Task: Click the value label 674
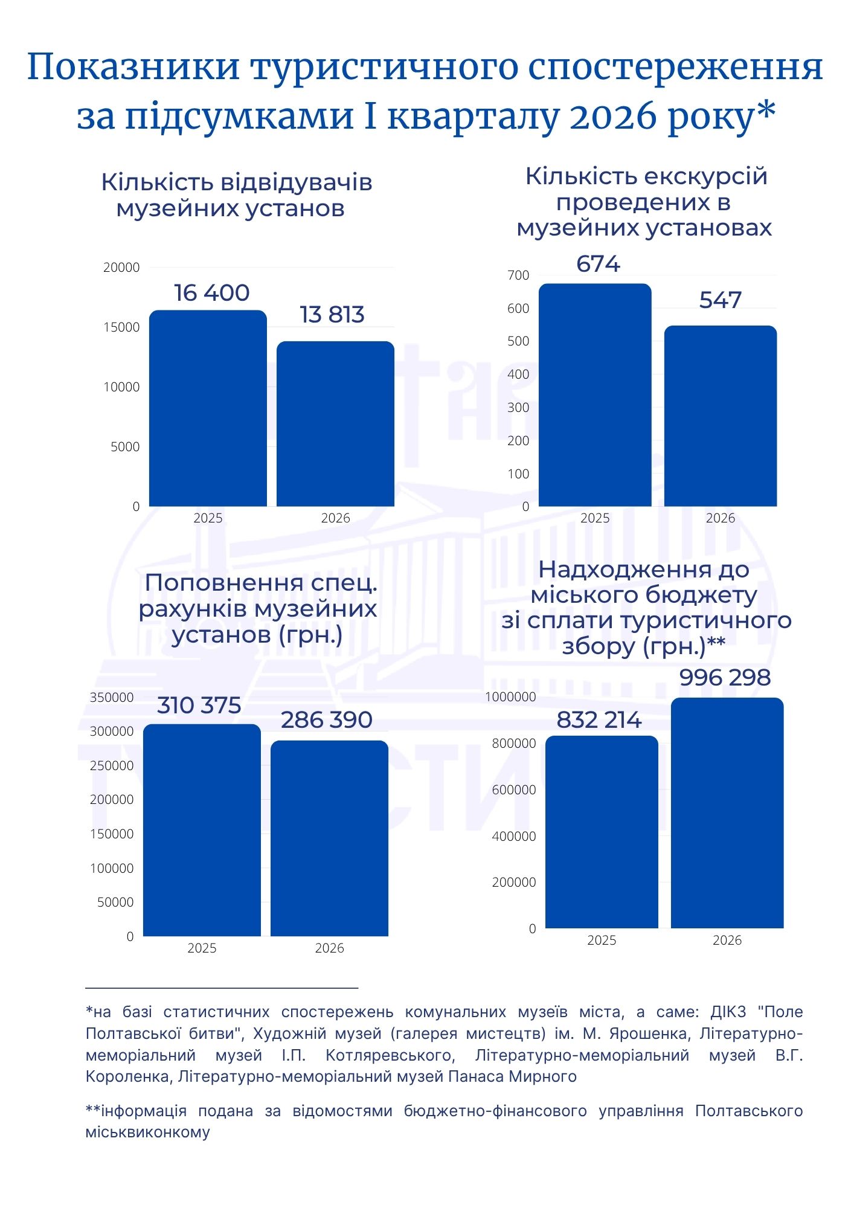pos(598,264)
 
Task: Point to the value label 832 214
pos(599,720)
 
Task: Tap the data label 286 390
pos(327,720)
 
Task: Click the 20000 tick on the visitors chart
pos(121,268)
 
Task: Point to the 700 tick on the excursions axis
pos(518,275)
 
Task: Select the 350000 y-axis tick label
pos(112,698)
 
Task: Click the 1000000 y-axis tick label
pos(510,697)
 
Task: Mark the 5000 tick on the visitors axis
pos(125,447)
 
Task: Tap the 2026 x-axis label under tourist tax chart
pos(727,940)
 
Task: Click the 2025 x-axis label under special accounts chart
pos(202,948)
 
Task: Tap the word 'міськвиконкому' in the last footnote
pos(147,1132)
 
